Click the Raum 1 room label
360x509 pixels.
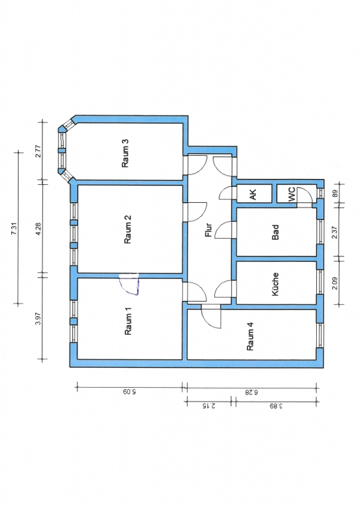click(129, 321)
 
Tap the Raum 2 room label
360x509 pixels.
click(128, 229)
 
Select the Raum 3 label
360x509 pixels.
click(125, 153)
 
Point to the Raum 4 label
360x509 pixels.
click(251, 336)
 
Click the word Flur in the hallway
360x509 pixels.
click(208, 230)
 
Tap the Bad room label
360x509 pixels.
click(275, 233)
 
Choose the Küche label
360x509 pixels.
click(275, 284)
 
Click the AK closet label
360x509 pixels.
click(253, 194)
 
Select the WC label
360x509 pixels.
click(292, 194)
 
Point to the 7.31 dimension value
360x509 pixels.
click(14, 229)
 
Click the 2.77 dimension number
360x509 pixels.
click(38, 151)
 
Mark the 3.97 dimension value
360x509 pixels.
click(38, 318)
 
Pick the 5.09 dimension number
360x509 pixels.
click(129, 392)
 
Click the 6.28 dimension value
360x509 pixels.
click(251, 392)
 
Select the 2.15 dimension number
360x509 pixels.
click(209, 406)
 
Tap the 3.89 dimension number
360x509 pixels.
click(276, 406)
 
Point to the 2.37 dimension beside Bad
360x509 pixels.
click(335, 232)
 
